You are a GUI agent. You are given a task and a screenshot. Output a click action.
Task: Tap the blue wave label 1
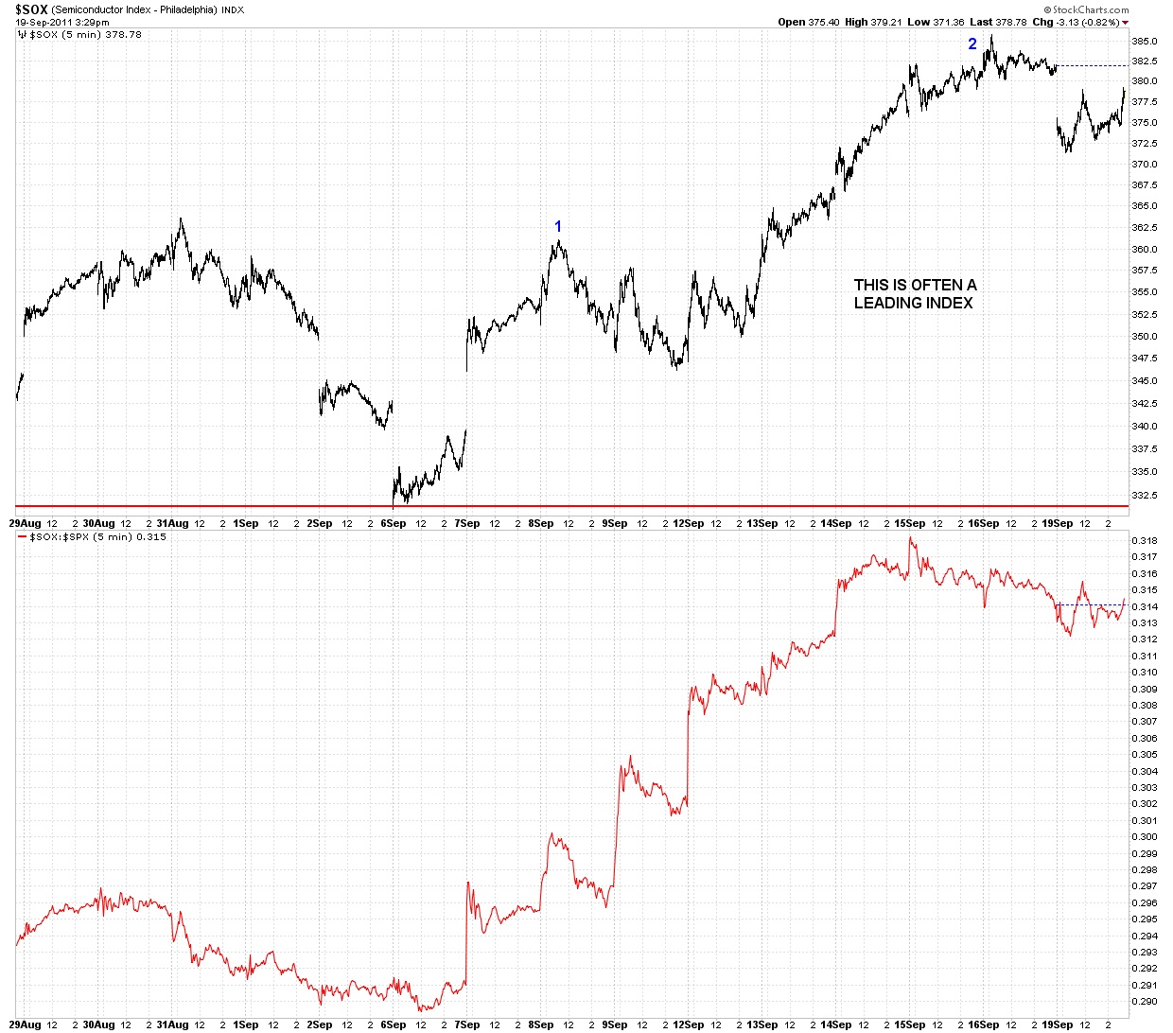pos(558,226)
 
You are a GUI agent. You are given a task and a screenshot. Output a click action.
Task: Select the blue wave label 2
pos(972,44)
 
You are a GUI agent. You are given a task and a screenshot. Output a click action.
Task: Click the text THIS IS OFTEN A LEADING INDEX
pos(915,293)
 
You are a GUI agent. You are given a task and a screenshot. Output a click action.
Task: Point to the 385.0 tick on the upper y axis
pos(1145,42)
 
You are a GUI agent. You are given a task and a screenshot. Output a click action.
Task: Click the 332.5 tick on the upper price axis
pos(1145,495)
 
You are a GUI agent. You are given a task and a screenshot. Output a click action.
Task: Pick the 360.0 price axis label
pos(1145,250)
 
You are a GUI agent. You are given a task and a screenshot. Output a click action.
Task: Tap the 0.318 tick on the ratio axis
pos(1145,540)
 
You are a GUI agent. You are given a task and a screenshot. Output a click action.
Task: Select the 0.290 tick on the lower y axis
pos(1145,1001)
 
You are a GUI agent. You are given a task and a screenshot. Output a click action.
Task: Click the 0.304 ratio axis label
pos(1145,771)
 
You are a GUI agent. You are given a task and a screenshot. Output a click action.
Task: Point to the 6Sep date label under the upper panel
pos(393,523)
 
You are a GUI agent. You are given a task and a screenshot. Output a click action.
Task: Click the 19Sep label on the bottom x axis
pos(1058,1024)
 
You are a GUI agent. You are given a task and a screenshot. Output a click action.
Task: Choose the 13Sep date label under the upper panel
pos(762,523)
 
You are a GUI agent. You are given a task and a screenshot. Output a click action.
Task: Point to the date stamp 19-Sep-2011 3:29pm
pos(62,22)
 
